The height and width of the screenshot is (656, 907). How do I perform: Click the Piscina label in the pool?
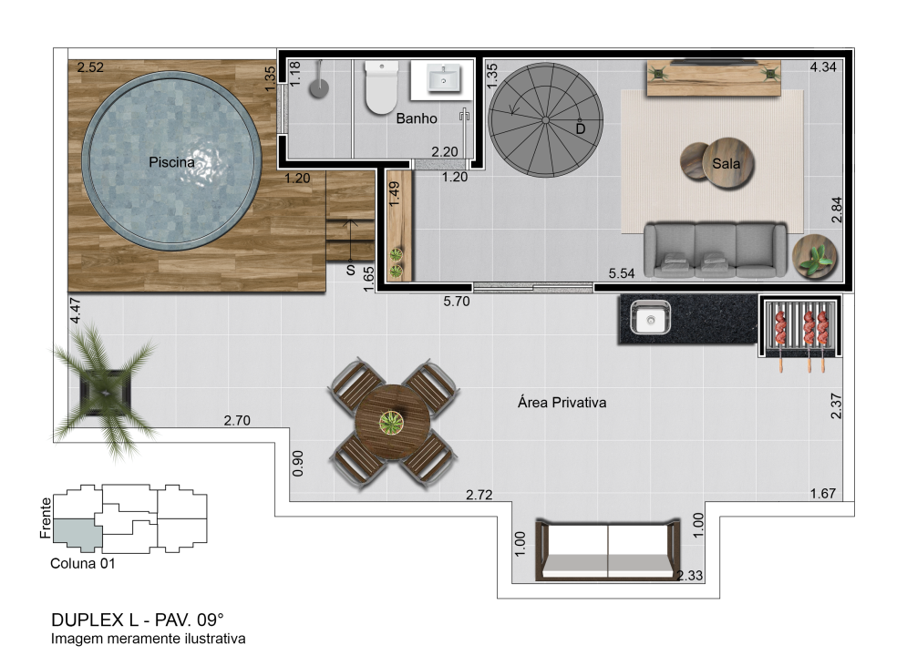pyautogui.click(x=171, y=162)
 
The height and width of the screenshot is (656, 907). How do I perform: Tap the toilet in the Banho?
pyautogui.click(x=381, y=87)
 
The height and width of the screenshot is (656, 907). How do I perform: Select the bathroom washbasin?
pyautogui.click(x=444, y=78)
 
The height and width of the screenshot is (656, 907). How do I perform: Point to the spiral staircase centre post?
pyautogui.click(x=545, y=120)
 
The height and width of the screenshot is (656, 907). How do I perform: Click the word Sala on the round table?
pyautogui.click(x=726, y=164)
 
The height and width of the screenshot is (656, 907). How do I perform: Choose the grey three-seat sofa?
pyautogui.click(x=715, y=250)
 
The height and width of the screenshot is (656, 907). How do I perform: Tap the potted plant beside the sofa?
pyautogui.click(x=814, y=256)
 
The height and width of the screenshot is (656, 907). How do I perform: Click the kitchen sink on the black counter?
pyautogui.click(x=650, y=318)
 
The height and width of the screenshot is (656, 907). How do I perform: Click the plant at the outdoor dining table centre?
pyautogui.click(x=392, y=422)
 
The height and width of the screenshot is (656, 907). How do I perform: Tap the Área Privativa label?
pyautogui.click(x=562, y=403)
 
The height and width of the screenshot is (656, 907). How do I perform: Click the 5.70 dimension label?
pyautogui.click(x=457, y=302)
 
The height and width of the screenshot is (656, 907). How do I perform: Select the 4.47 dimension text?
pyautogui.click(x=75, y=311)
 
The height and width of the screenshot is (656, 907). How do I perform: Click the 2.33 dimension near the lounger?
pyautogui.click(x=689, y=575)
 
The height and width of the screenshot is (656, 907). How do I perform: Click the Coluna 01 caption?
pyautogui.click(x=83, y=564)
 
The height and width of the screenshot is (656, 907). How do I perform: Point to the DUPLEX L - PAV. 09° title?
pyautogui.click(x=137, y=620)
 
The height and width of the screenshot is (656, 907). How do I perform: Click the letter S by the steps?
pyautogui.click(x=351, y=270)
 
